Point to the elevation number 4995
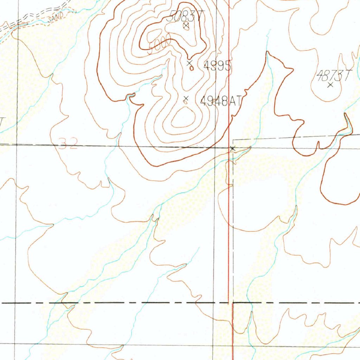click(x=217, y=66)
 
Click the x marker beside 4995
click(x=189, y=63)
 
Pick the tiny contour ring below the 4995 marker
click(x=191, y=69)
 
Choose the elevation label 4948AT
click(x=221, y=102)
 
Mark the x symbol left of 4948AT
click(x=186, y=98)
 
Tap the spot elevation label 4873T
click(x=334, y=75)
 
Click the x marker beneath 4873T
click(x=330, y=85)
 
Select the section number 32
click(x=67, y=144)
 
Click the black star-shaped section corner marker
click(x=232, y=149)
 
